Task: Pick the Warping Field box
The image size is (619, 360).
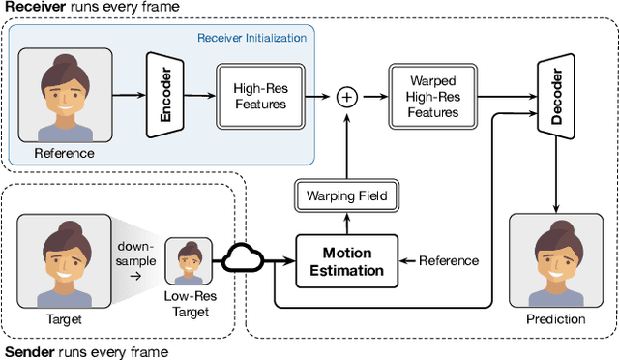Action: [346, 196]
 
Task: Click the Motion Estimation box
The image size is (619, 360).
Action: [346, 261]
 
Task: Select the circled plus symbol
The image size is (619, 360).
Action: [346, 96]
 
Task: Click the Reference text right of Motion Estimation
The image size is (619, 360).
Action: [448, 261]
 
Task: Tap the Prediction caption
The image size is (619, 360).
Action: [555, 318]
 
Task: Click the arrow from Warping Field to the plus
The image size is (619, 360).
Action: [346, 145]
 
